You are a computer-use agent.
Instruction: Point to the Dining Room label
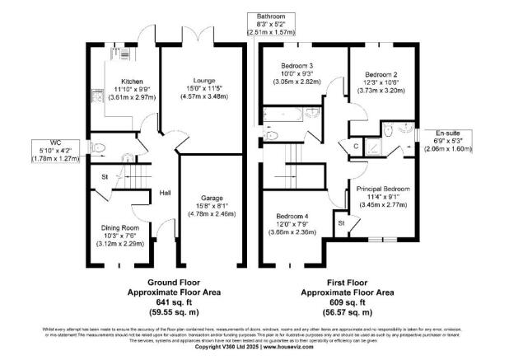coord(119,227)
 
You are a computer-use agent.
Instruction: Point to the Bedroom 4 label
coord(295,216)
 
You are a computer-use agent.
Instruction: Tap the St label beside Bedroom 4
coord(340,222)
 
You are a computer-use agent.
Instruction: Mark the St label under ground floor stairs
coord(105,176)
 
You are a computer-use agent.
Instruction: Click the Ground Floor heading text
coord(164,281)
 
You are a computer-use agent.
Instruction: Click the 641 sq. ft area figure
coord(164,301)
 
